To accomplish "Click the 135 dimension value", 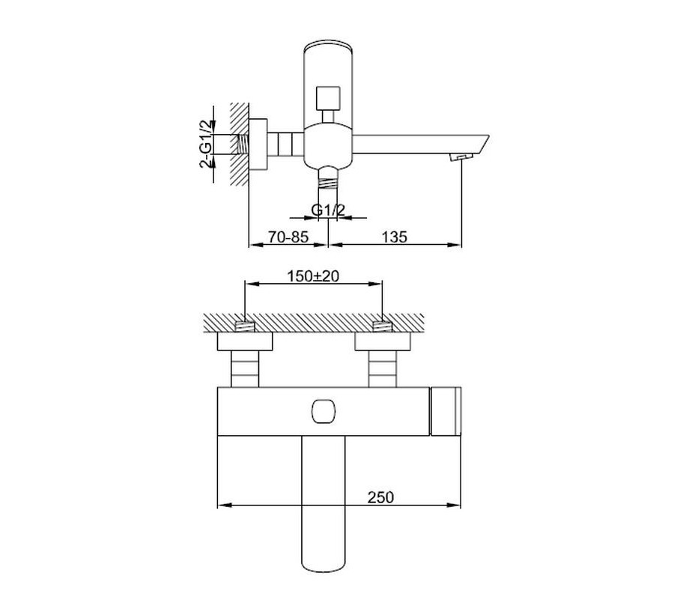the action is click(394, 237).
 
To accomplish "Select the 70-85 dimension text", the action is click(288, 237).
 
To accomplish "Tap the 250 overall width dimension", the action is click(380, 497).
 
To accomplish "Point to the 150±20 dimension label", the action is click(313, 276).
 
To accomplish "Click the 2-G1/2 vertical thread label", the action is click(207, 144).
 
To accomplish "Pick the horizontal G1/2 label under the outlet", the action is click(328, 210).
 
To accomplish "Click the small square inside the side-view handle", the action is click(328, 98).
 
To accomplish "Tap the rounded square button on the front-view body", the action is click(322, 411).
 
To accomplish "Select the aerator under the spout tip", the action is click(461, 156).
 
